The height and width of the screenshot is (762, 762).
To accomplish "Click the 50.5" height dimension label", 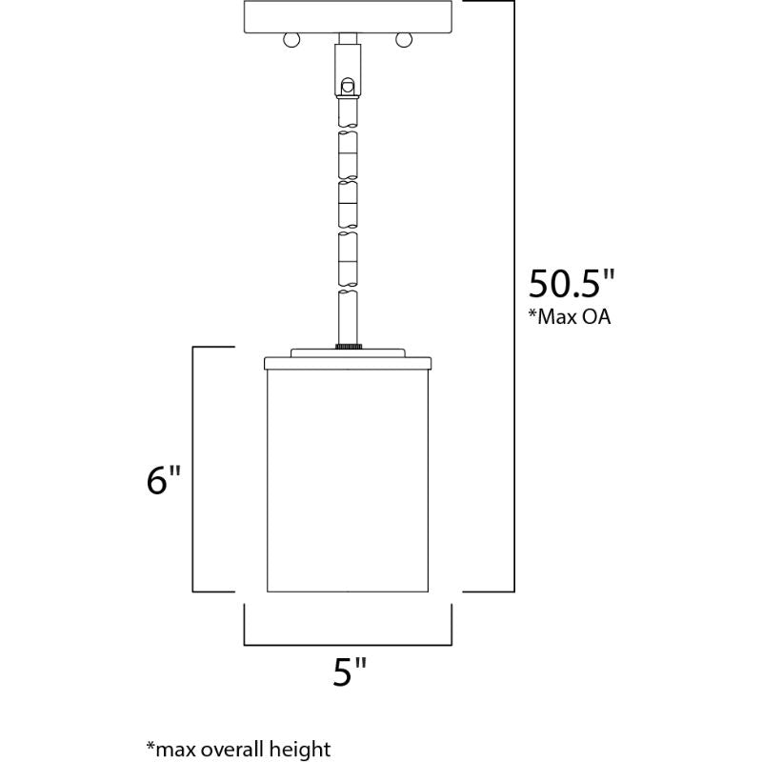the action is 571,283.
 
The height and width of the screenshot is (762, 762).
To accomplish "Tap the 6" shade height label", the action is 163,480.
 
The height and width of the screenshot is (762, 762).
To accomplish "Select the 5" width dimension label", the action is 349,672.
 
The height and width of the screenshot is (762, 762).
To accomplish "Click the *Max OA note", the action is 570,317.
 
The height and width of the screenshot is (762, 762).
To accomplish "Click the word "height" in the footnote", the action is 299,750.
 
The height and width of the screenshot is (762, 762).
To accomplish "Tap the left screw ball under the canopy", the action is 291,40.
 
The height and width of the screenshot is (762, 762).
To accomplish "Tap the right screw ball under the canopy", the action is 403,40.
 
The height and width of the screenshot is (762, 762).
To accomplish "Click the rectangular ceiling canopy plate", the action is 348,17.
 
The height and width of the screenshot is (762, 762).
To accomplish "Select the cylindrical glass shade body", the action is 348,481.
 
